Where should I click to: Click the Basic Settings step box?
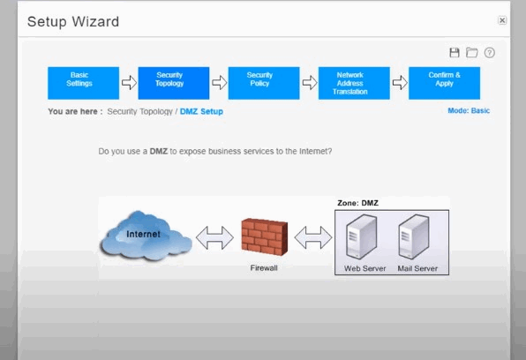pos(83,83)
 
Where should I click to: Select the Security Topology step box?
pos(174,83)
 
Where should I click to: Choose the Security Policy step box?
pos(264,83)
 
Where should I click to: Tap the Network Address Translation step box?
pos(354,83)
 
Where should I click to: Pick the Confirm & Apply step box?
pos(444,83)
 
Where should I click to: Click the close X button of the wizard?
pos(502,20)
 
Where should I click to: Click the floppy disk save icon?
pos(455,53)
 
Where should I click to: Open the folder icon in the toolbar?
pos(471,53)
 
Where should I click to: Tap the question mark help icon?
pos(490,53)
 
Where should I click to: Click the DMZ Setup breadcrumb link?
pos(201,111)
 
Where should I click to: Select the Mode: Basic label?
pos(469,110)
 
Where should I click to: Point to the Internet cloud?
pos(146,236)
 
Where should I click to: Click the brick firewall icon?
pos(265,236)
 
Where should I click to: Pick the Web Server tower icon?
pos(361,236)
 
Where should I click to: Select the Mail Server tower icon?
pos(414,236)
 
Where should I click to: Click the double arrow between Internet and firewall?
pos(214,238)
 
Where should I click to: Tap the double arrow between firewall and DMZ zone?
pos(313,238)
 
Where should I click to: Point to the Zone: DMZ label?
pos(357,203)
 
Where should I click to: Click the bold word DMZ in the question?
pos(158,151)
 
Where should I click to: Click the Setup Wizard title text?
pos(73,22)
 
